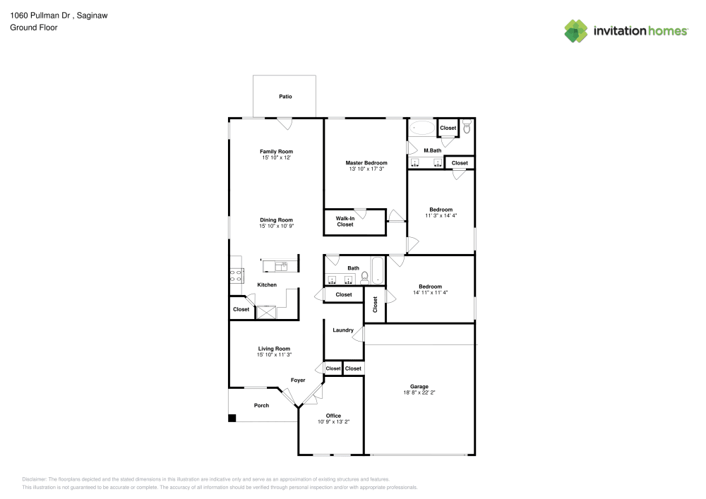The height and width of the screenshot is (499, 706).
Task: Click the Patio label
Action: (x=285, y=97)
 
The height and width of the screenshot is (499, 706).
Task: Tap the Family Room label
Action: (x=277, y=152)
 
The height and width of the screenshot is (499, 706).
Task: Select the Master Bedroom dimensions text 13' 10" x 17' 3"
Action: (x=366, y=169)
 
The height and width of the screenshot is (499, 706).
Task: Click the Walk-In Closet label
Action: (x=345, y=222)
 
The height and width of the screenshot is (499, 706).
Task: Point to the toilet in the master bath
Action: (x=467, y=126)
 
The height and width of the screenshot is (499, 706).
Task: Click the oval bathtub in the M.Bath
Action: (x=422, y=128)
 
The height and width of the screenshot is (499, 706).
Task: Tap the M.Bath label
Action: (x=433, y=151)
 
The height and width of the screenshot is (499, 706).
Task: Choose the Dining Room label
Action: (x=277, y=220)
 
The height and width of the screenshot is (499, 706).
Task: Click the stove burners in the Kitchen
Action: (x=237, y=275)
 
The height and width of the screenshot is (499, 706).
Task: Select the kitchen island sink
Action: (x=282, y=266)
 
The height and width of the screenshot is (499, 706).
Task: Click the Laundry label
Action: (x=343, y=330)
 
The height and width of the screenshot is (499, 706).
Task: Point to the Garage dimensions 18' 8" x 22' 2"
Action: (x=419, y=392)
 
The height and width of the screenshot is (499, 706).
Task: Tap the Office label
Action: (x=334, y=416)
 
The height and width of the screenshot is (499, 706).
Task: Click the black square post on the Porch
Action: (x=232, y=418)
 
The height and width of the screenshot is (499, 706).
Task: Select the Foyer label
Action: (x=298, y=380)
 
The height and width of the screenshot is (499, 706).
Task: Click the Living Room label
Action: (x=274, y=349)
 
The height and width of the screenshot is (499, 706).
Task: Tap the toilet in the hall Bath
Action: (x=365, y=277)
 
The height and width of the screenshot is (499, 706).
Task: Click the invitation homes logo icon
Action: (x=576, y=31)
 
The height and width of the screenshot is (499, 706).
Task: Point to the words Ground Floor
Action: (x=34, y=28)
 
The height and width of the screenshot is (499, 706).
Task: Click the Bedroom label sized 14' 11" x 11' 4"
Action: (x=431, y=287)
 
